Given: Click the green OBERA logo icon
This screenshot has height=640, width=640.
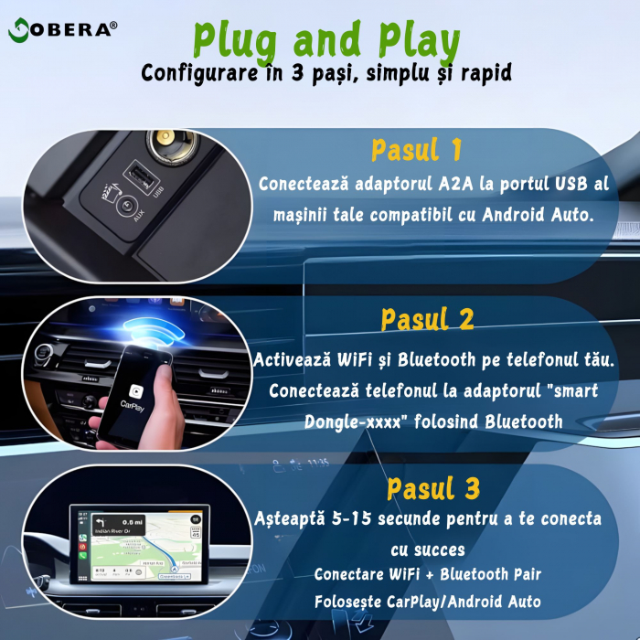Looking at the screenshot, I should pyautogui.click(x=19, y=29).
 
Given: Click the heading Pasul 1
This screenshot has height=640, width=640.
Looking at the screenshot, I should pyautogui.click(x=417, y=150).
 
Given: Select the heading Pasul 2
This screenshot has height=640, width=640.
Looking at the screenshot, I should pyautogui.click(x=427, y=319).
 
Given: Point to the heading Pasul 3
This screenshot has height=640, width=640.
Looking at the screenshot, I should pyautogui.click(x=432, y=488).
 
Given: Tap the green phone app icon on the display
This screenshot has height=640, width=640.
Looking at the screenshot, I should pyautogui.click(x=84, y=538).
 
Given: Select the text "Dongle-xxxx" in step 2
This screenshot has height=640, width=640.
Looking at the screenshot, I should pyautogui.click(x=347, y=421).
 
